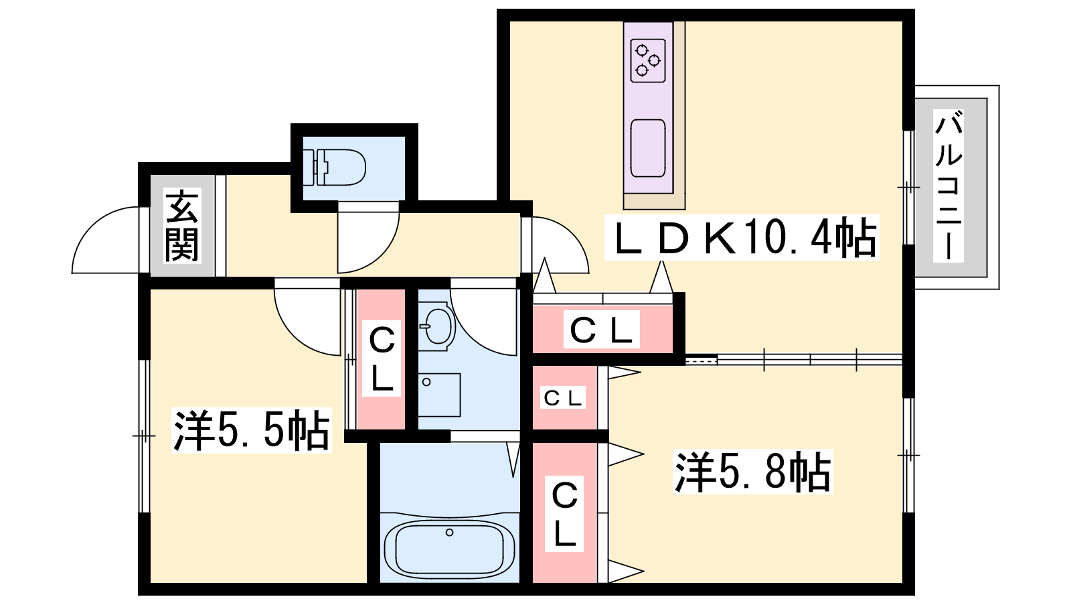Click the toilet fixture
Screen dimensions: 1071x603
click(334, 167)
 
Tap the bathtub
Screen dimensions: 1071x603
click(449, 549)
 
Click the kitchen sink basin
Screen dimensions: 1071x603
click(648, 148)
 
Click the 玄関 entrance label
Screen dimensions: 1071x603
click(182, 226)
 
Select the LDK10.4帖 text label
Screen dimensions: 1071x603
click(741, 237)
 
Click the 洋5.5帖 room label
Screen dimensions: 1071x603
click(251, 430)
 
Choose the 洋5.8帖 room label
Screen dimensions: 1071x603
click(752, 472)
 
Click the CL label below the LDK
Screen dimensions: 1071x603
click(601, 330)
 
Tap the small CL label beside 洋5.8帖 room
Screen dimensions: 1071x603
click(563, 398)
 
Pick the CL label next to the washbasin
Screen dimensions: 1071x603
click(382, 358)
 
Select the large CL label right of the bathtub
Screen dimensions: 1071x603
click(564, 513)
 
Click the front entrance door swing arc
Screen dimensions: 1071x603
click(107, 240)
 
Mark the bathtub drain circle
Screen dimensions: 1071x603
click(450, 533)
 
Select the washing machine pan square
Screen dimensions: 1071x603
click(439, 395)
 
